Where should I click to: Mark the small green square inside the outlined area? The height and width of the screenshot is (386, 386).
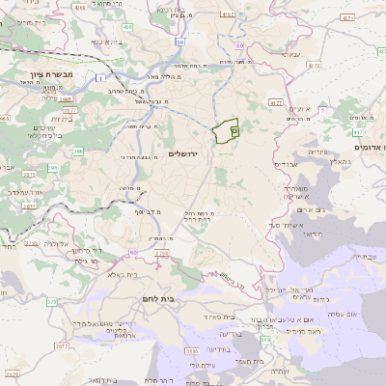(x=233, y=128)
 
